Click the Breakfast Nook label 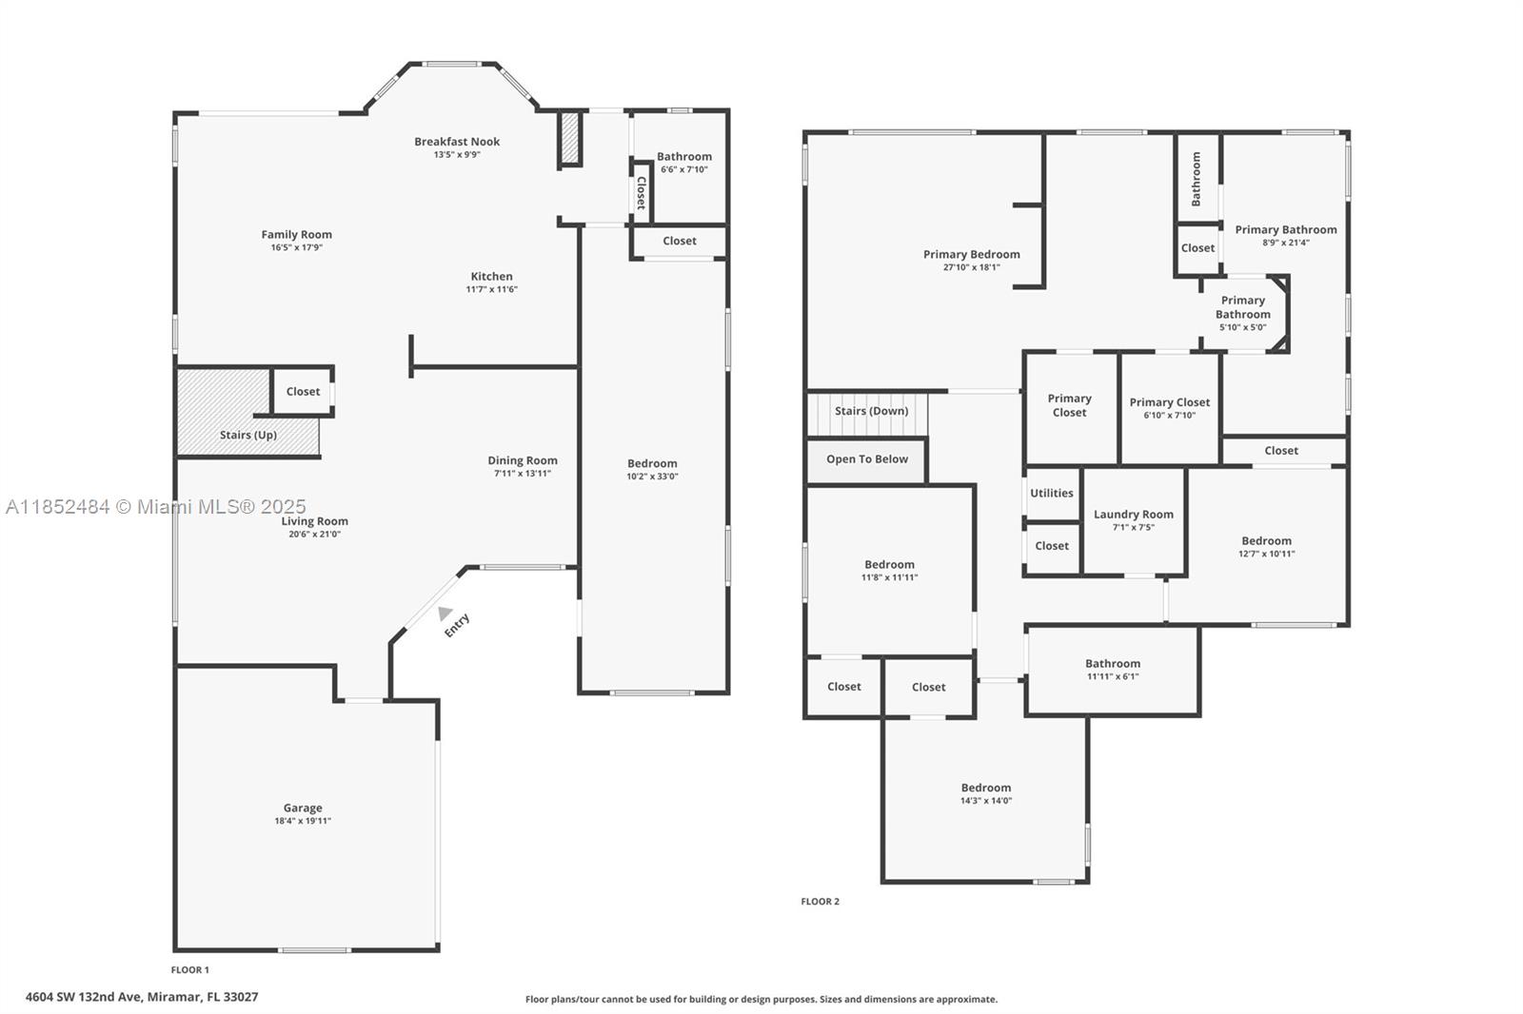(457, 142)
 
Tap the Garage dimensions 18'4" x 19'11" (303, 820)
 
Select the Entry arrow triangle (445, 613)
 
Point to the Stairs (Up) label (248, 435)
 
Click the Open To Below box (867, 461)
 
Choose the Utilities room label (1051, 493)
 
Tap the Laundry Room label (1134, 514)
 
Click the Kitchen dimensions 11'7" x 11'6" (491, 289)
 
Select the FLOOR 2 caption (820, 901)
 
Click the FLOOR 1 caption (189, 970)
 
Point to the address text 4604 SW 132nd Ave (85, 997)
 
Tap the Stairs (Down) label (872, 411)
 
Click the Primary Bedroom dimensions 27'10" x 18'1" (971, 267)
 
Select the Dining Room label (523, 460)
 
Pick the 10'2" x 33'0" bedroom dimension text (652, 476)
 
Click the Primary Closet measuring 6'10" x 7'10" (1170, 408)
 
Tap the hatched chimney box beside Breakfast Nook (570, 139)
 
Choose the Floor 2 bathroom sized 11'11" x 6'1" (1113, 670)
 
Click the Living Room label (315, 521)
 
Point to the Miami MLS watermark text (156, 506)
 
